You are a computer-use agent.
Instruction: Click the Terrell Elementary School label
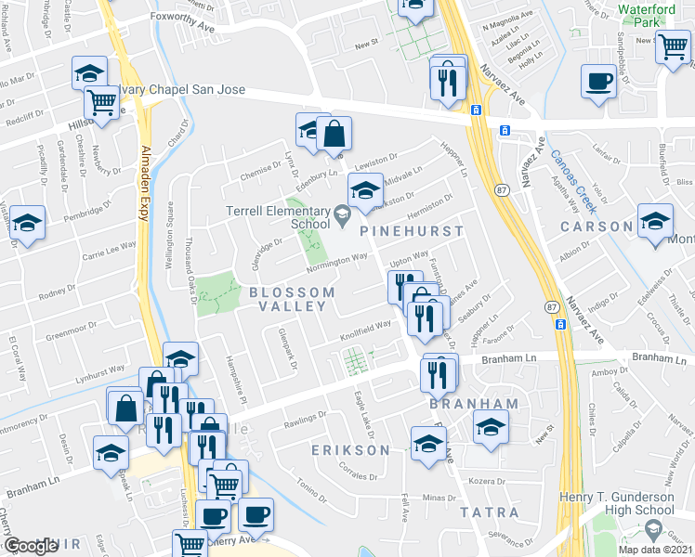[278, 217]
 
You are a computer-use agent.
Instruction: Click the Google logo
[31, 547]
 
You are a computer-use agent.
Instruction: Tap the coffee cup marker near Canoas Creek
[598, 81]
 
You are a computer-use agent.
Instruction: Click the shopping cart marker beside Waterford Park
[673, 45]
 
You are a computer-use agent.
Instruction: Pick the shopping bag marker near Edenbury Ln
[334, 135]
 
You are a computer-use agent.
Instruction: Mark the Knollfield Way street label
[365, 327]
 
